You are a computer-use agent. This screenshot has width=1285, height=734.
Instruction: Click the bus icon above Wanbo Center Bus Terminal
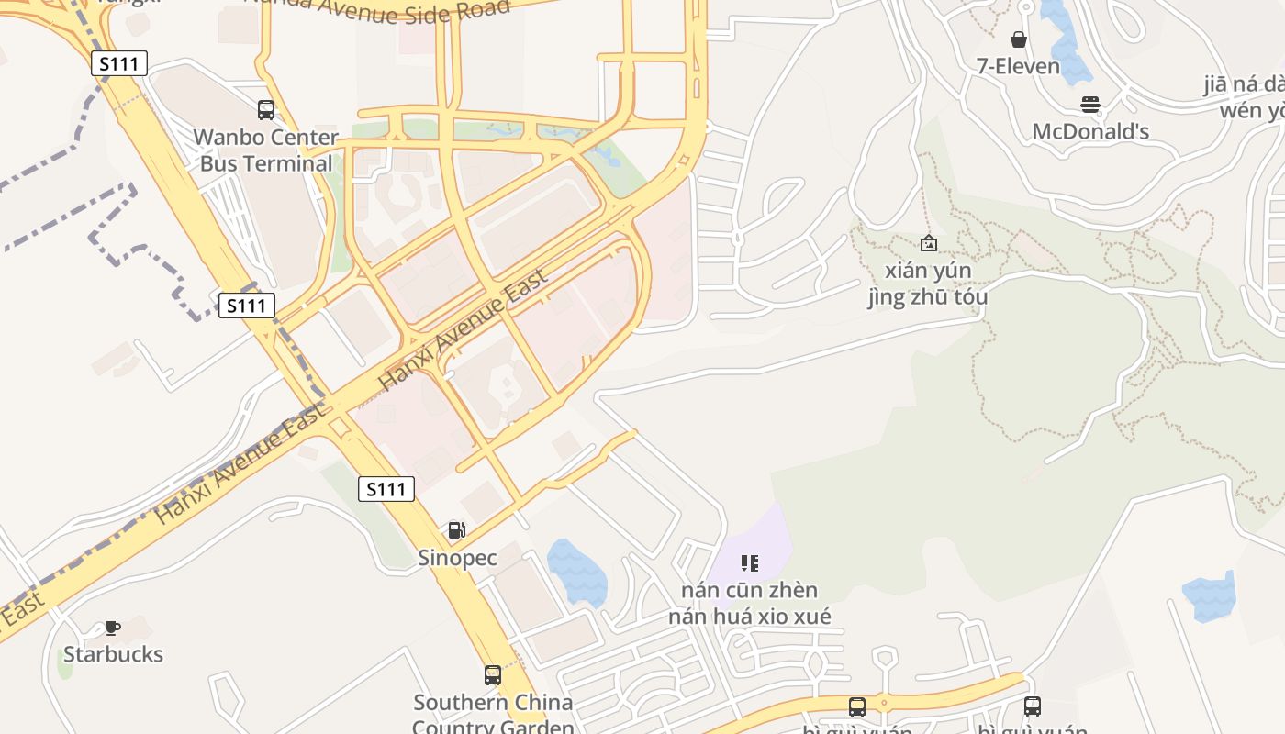(266, 110)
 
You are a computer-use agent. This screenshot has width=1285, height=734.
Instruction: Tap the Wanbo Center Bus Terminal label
(266, 150)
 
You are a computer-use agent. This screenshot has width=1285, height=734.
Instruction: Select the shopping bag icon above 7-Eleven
(1018, 39)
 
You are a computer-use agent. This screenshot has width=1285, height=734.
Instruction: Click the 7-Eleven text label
(1018, 66)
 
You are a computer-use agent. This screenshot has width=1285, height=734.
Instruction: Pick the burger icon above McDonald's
(1090, 105)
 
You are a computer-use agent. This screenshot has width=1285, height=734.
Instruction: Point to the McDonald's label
(1090, 131)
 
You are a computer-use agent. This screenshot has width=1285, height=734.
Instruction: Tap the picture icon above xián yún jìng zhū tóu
(928, 243)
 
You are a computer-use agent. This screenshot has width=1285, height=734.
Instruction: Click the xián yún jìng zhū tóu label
(928, 284)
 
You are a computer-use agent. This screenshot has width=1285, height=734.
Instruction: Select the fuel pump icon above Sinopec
(456, 530)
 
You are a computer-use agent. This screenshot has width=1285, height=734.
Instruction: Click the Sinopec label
(457, 557)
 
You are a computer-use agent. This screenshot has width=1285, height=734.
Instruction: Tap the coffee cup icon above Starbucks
(113, 628)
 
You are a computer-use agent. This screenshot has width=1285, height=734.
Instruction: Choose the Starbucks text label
(113, 654)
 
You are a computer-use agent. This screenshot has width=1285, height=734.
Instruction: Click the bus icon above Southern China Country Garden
(493, 675)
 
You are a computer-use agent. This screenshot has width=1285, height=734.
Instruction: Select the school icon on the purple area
(750, 562)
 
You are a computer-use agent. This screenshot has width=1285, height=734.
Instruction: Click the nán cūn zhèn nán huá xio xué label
(750, 603)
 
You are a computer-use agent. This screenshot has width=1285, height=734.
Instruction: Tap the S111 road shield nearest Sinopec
(386, 489)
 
